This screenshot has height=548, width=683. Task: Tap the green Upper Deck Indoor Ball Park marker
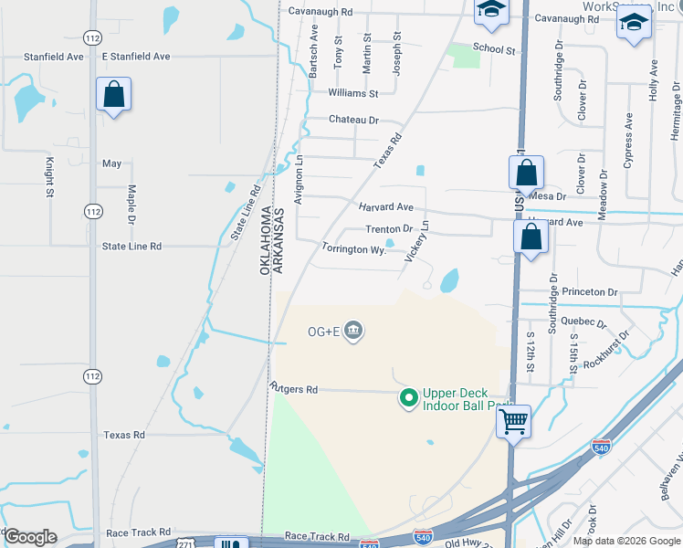coord(409,397)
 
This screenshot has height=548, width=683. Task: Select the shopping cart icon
coord(514,422)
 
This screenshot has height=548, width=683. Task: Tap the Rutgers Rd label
coord(293,389)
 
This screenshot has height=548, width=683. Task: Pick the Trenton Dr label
coord(389,229)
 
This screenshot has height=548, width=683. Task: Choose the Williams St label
coord(352,93)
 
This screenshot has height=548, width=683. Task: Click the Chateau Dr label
coord(353,120)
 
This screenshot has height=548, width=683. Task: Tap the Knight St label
coord(49,177)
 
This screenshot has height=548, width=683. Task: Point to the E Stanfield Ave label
coord(136,57)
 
